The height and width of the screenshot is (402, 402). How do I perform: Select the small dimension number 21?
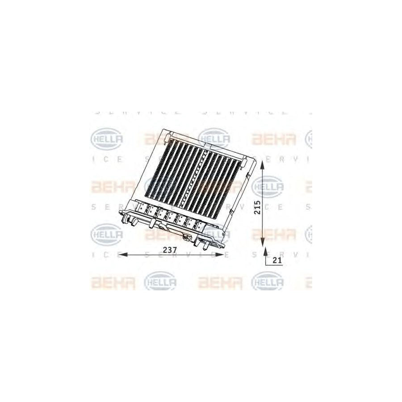pyautogui.click(x=277, y=261)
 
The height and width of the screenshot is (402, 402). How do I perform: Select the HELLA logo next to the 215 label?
pyautogui.click(x=268, y=186)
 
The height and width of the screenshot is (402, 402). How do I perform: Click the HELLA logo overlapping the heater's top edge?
pyautogui.click(x=214, y=138)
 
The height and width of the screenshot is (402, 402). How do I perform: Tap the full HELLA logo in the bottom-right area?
pyautogui.click(x=268, y=282)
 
